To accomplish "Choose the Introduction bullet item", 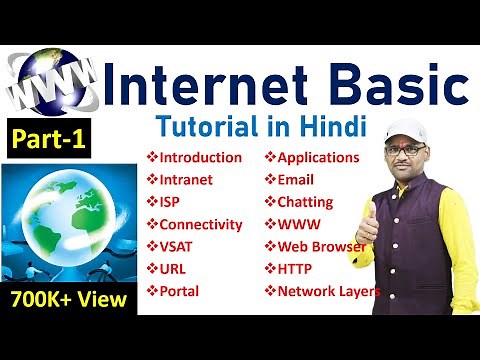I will [200, 157].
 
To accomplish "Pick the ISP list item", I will [171, 201].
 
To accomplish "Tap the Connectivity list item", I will [200, 224].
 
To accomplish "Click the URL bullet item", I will [172, 268].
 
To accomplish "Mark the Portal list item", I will [179, 291].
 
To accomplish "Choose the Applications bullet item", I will [318, 157].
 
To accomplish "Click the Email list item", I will [298, 179].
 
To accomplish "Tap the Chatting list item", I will [306, 201].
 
